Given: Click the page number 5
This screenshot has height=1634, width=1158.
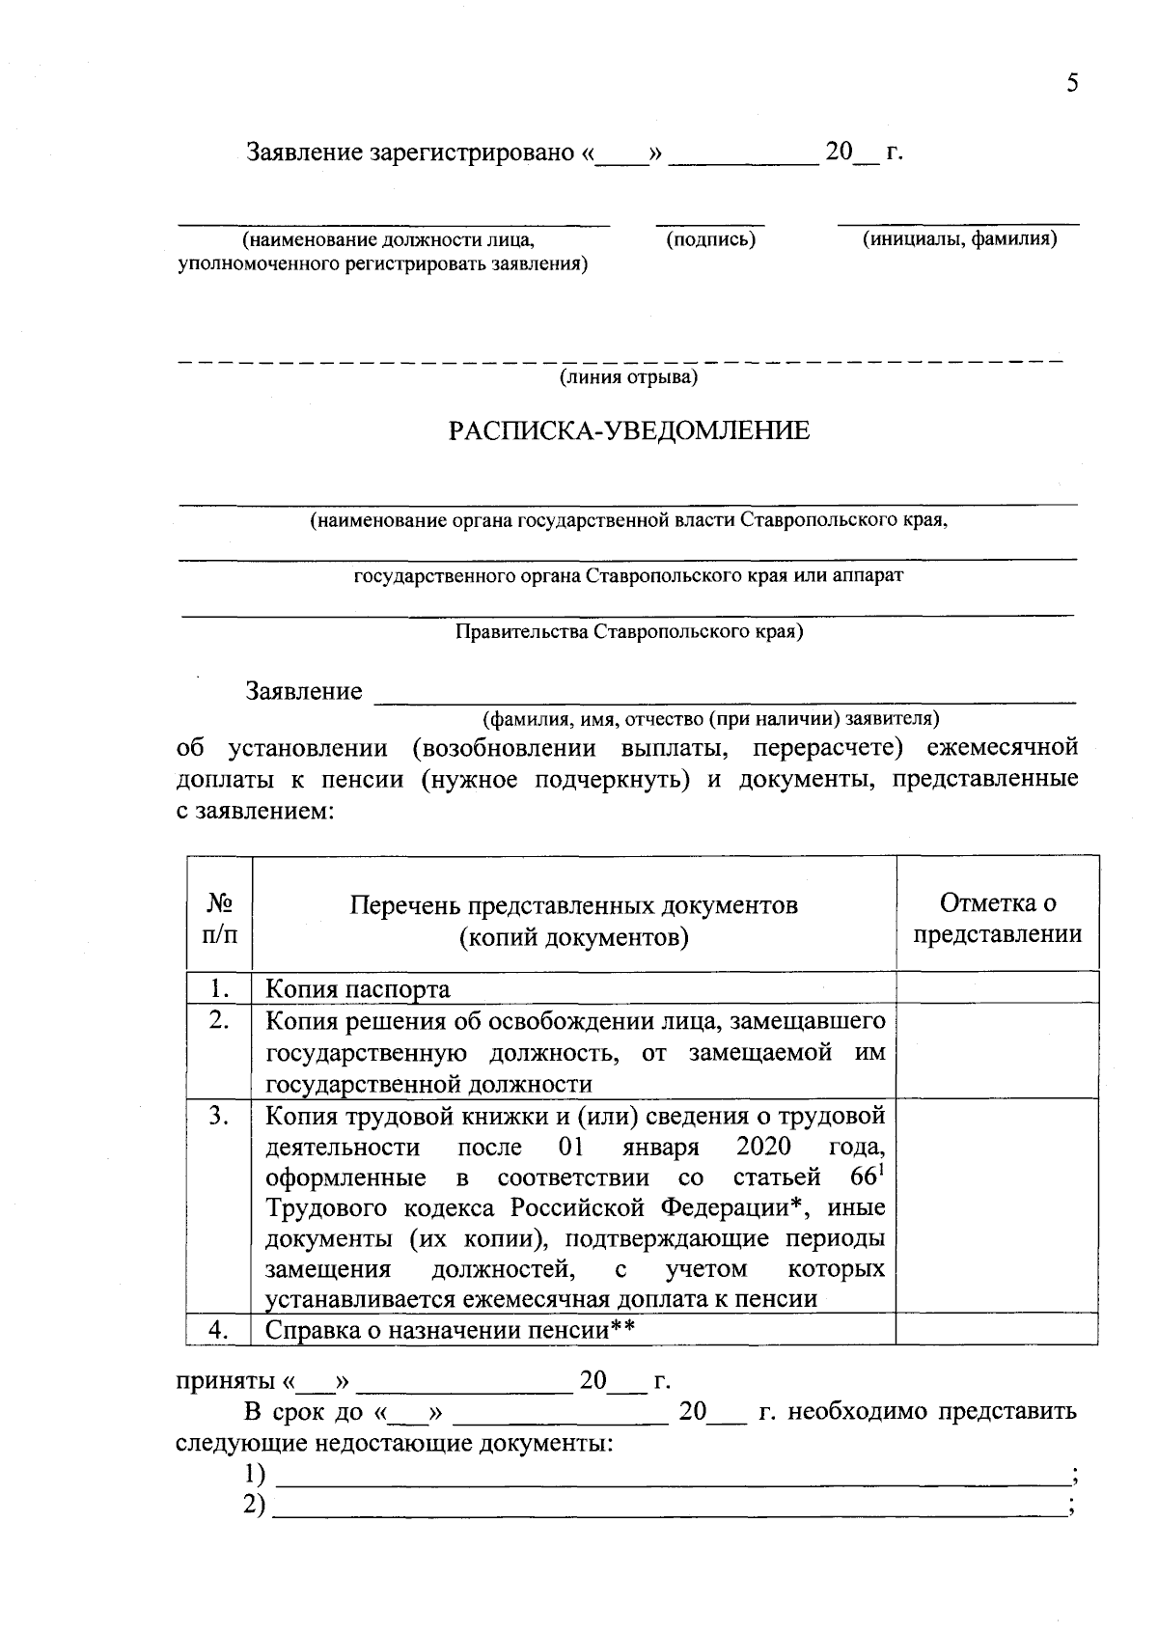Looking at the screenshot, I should [x=1072, y=84].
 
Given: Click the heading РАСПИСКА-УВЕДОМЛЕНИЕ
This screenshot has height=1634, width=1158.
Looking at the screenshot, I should [x=628, y=431].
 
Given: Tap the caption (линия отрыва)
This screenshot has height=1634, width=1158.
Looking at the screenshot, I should [x=629, y=377].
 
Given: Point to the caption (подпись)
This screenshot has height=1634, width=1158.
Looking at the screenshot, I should [x=710, y=239].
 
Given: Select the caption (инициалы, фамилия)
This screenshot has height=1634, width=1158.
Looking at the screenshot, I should [x=959, y=239].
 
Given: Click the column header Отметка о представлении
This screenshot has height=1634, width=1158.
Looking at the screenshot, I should [x=998, y=919].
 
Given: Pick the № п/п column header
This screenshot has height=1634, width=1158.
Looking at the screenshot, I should [x=219, y=919].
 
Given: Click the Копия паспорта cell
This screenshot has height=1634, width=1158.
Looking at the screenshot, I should [x=358, y=989].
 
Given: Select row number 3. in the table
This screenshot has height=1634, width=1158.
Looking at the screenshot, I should [x=219, y=1117].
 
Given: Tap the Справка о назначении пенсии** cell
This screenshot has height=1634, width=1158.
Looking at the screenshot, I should [x=450, y=1331].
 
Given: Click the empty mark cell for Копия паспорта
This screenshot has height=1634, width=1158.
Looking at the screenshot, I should [x=998, y=988].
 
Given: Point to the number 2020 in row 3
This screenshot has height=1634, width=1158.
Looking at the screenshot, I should [x=762, y=1148].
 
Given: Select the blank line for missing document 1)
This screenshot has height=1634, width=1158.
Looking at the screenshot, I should [x=671, y=1476].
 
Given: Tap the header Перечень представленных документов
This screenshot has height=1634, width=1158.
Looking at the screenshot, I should [x=574, y=906].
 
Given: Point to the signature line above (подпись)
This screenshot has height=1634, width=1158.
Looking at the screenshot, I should [x=710, y=223].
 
